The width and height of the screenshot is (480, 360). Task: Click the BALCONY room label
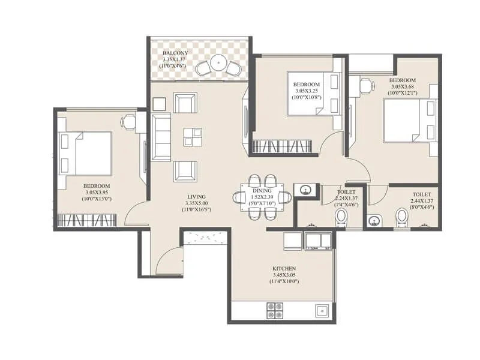coord(175,53)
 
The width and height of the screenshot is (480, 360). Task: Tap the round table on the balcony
coord(219,62)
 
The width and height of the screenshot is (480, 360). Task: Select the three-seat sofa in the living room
coord(161,137)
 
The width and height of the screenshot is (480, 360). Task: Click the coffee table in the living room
coord(193,137)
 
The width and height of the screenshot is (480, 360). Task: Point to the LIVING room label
coord(196,197)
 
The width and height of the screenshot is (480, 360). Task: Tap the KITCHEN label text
coord(285,268)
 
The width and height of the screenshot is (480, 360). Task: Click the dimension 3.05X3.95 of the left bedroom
coord(96,192)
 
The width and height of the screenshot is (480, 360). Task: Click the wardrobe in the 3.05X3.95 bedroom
coord(85,220)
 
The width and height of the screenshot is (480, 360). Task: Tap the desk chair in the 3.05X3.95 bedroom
coord(128,122)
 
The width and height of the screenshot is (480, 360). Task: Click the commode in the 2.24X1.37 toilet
coord(341,218)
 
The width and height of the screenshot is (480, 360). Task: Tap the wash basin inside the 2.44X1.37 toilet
coord(375,221)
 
